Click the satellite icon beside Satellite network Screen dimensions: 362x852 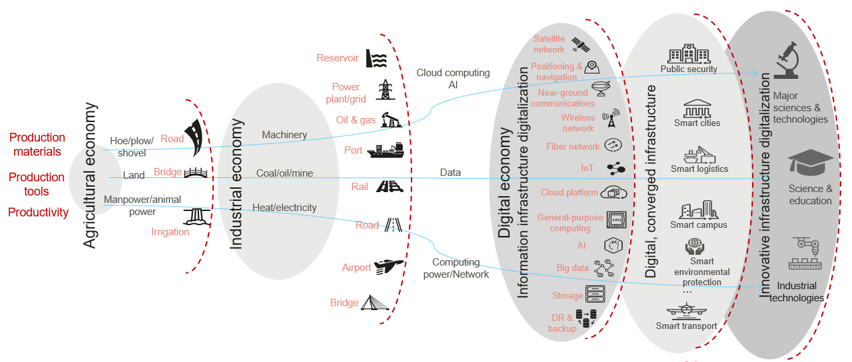[x=581, y=44]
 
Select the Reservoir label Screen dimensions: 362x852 [x=337, y=58]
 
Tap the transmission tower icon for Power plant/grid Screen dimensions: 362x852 [x=385, y=90]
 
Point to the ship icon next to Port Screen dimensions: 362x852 [x=385, y=150]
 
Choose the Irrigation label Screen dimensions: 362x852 [x=170, y=232]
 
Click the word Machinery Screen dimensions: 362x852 [x=284, y=135]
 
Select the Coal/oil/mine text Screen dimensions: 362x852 [x=285, y=173]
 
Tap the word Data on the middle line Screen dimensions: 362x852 [x=450, y=173]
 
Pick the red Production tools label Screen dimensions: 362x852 [x=36, y=184]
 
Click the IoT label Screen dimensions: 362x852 [x=587, y=168]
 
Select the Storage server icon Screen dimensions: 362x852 [x=595, y=294]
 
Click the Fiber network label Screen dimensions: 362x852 [x=573, y=146]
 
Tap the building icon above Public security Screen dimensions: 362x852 [x=688, y=54]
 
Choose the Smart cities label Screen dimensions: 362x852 [x=697, y=123]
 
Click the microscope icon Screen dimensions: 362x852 [x=786, y=61]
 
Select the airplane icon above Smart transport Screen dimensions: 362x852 [x=685, y=311]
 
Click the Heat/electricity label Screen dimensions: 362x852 [x=284, y=208]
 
